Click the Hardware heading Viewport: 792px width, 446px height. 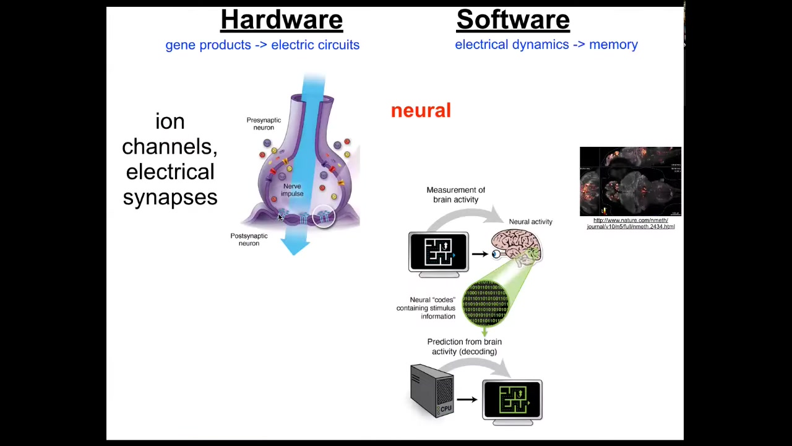click(282, 20)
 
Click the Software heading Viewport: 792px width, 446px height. click(513, 20)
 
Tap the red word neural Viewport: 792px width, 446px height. click(421, 111)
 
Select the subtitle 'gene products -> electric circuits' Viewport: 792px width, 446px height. click(262, 45)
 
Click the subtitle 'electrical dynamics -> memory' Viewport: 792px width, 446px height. click(546, 45)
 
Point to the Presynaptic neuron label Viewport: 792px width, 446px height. click(264, 124)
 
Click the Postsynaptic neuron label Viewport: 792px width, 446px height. click(249, 240)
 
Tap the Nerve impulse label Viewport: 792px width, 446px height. click(292, 190)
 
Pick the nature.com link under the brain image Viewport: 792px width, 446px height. click(631, 224)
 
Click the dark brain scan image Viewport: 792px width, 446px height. click(631, 181)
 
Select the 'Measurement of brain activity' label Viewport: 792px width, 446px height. click(455, 195)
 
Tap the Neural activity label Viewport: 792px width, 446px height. click(530, 222)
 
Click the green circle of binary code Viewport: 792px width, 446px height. click(486, 302)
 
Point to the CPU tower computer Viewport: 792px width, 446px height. click(432, 390)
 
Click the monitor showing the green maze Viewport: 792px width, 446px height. click(512, 400)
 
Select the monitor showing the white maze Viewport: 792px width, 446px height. click(438, 252)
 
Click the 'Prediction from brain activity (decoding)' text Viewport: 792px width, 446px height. click(464, 347)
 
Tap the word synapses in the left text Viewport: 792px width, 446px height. click(170, 198)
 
